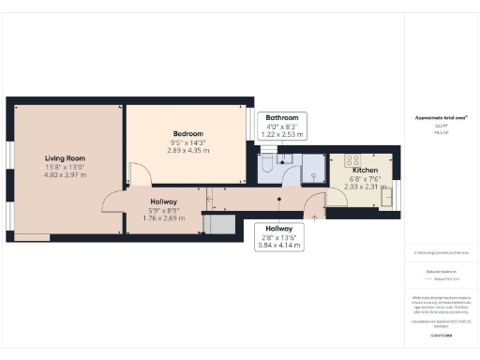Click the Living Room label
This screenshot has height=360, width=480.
coord(66,158)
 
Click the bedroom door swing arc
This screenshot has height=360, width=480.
coord(137,173)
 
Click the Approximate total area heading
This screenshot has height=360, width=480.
coord(442,118)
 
